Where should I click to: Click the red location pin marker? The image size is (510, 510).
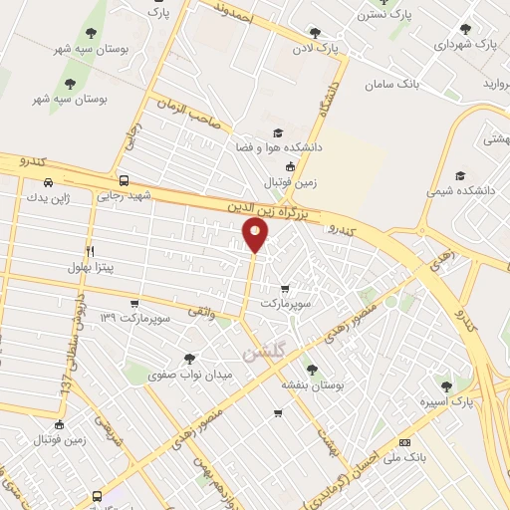point(256,236)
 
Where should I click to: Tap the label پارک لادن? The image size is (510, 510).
point(315,47)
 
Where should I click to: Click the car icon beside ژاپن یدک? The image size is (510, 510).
point(49,182)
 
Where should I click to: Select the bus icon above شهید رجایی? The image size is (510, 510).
point(124,180)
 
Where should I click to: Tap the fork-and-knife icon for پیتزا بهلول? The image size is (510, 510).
point(90,250)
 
